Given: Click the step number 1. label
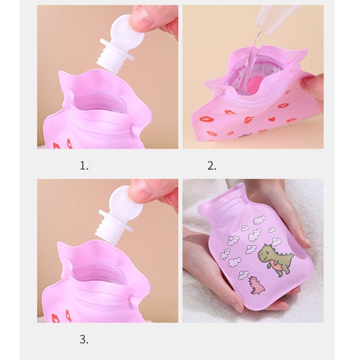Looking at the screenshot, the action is coord(84,166).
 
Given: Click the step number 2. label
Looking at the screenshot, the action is coord(211,166).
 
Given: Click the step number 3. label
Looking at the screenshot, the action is coord(84,339).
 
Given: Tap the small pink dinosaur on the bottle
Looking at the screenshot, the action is coord(257,285).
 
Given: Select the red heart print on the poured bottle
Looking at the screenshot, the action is coord(272,119).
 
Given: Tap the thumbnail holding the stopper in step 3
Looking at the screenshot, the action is coord(140,192).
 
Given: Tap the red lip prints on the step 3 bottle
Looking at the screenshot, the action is coord(62,316).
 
